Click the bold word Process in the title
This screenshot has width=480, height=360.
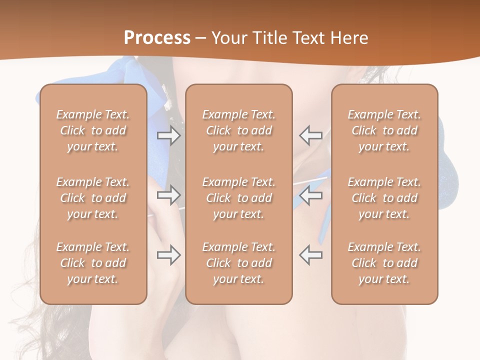157,38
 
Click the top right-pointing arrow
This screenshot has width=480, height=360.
169,135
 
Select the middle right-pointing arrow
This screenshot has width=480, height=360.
169,195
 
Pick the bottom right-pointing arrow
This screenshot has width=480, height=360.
169,254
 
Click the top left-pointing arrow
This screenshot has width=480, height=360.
311,135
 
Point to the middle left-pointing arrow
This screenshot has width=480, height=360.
311,195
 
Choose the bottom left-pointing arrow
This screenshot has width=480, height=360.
311,254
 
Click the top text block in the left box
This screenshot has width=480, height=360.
93,130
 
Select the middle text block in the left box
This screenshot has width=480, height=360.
93,198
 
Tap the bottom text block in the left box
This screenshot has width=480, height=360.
93,263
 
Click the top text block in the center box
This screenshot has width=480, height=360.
239,130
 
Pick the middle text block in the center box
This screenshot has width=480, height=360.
239,198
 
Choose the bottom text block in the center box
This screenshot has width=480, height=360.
239,263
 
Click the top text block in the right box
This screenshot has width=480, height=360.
384,130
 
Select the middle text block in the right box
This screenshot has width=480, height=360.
384,198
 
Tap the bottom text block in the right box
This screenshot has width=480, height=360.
384,263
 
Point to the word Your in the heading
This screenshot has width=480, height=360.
228,38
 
